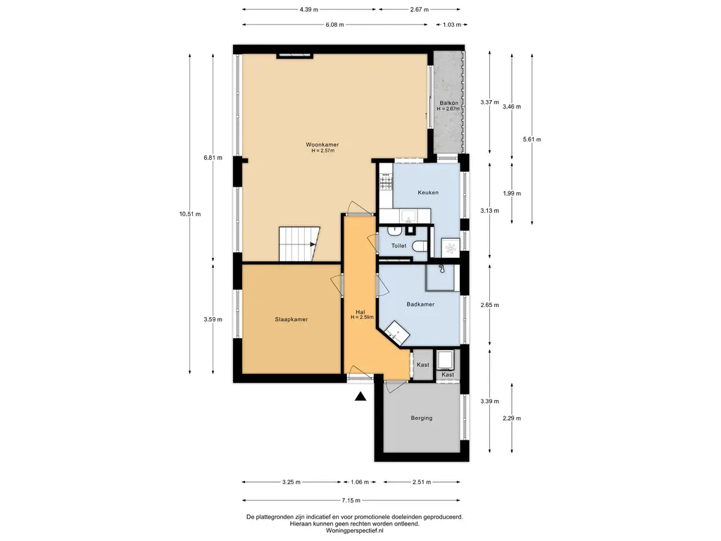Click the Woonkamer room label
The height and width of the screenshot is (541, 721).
pos(322,144)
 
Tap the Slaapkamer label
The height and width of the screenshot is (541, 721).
pos(291,319)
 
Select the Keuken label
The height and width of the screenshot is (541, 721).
pos(428,192)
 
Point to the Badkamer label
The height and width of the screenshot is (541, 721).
pos(420,304)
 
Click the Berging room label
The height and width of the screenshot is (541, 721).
pos(422,418)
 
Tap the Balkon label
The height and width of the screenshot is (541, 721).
pos(449,103)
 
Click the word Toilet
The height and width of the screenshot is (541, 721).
pos(399,246)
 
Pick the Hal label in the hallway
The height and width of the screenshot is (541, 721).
pos(360,312)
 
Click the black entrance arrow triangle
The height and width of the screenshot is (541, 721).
pos(360,396)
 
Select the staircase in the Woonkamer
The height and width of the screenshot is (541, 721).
pos(299,244)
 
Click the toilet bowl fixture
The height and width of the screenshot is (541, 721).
pos(420,247)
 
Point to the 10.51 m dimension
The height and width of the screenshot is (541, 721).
pos(190,214)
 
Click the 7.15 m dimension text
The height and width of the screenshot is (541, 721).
pos(351,501)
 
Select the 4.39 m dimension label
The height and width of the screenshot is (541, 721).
pos(309,9)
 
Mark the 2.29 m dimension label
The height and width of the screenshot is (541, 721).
pos(512,418)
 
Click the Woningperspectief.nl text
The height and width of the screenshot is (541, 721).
pos(355,530)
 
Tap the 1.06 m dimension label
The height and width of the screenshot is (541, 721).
pos(360,482)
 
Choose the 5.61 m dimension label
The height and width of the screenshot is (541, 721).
pos(532,139)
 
